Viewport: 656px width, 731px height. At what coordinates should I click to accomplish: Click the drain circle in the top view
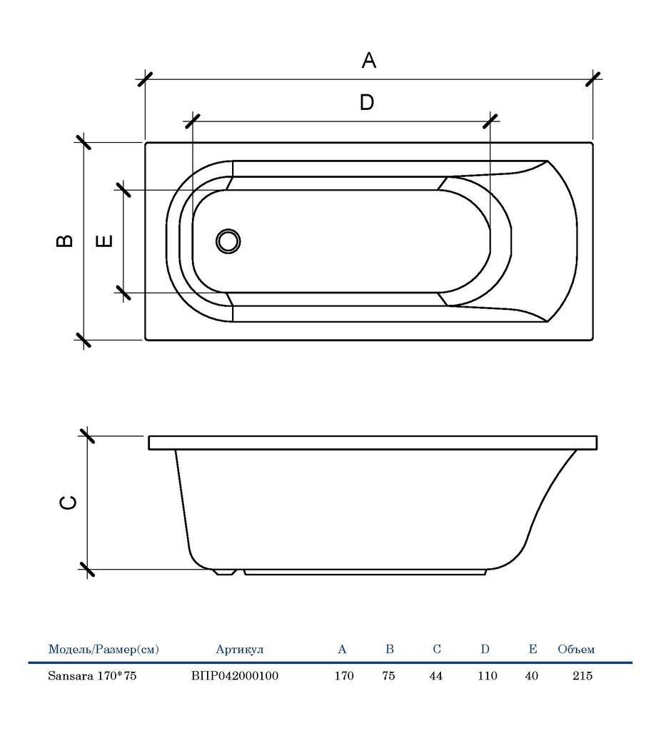228,241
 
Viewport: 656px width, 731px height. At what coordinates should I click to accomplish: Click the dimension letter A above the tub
368,61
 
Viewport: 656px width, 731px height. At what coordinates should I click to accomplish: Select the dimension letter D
366,103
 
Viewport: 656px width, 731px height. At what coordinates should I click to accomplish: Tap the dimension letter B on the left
65,241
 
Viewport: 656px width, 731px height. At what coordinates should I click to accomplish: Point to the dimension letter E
104,241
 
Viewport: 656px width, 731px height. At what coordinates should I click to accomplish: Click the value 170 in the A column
344,675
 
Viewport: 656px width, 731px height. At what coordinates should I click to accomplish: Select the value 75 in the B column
388,675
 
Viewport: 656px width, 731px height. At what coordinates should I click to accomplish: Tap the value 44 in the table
436,675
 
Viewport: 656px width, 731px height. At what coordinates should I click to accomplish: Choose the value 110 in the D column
487,675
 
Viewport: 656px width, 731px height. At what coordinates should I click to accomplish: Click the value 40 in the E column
531,675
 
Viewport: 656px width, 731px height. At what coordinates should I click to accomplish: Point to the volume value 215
582,675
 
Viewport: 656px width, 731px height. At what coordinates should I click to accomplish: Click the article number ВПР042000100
235,675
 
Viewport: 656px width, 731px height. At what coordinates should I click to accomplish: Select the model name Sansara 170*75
92,675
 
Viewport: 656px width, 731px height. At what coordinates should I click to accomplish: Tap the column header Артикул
240,650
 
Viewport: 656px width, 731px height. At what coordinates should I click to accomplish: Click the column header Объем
576,650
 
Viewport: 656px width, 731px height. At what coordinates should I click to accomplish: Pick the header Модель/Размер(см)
104,650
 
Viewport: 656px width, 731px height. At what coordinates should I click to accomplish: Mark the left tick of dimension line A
145,79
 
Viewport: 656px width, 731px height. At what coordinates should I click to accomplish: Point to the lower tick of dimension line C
87,570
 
